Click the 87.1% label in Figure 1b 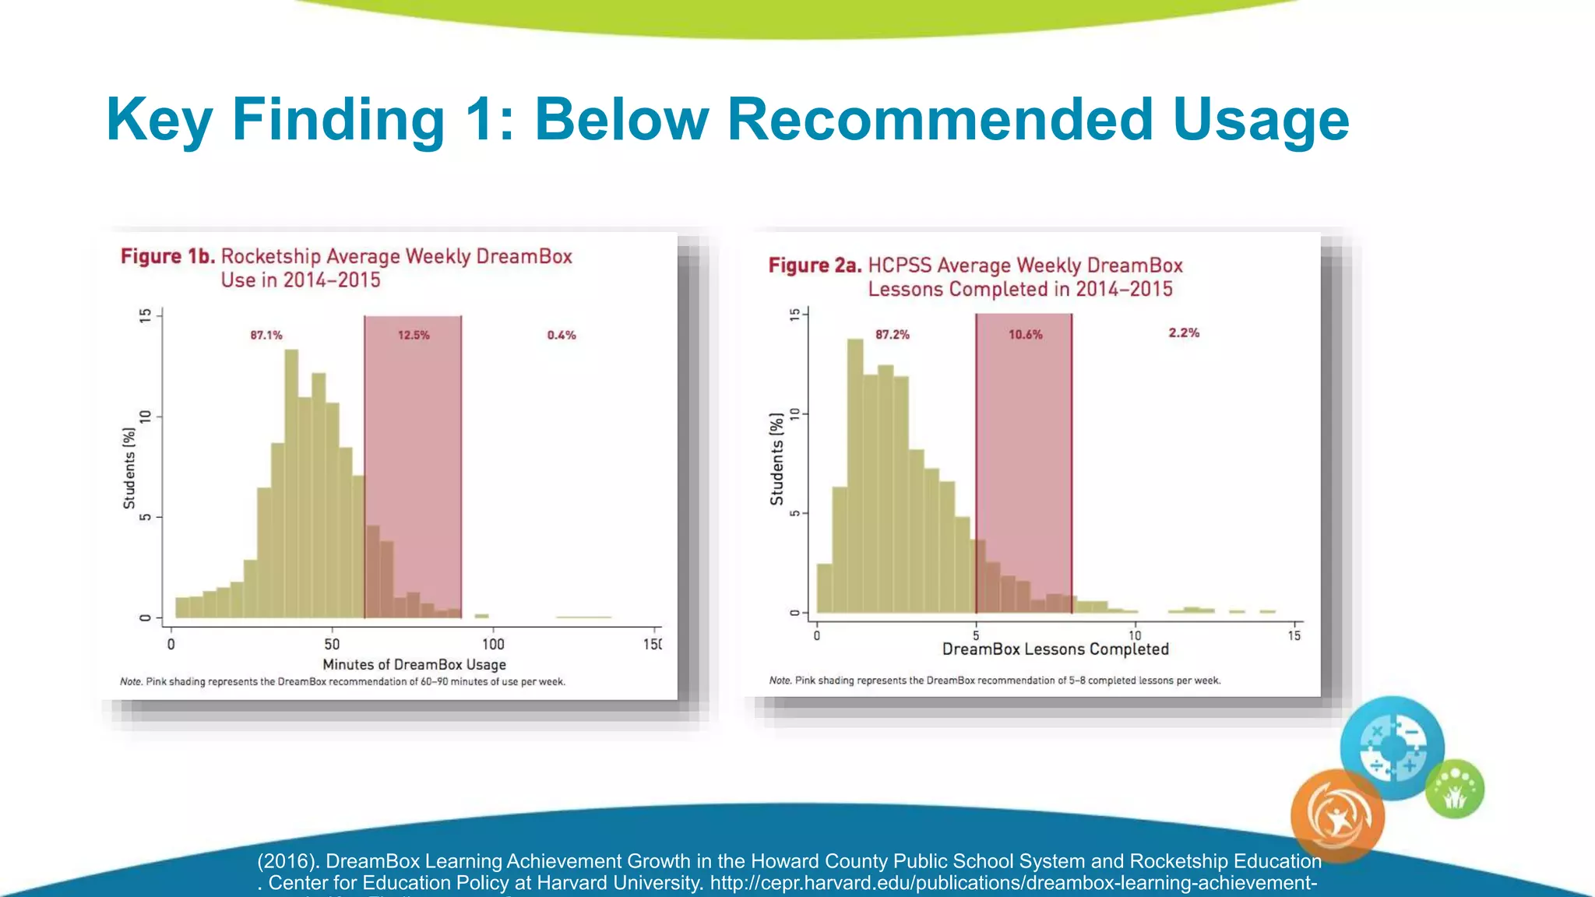tap(266, 336)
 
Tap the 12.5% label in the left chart tap(414, 336)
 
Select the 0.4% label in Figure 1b tap(562, 336)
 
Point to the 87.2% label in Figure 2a tap(893, 335)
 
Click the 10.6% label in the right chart tap(1025, 335)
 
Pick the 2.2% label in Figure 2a tap(1184, 333)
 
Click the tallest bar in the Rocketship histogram tap(291, 483)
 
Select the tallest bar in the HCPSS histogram tap(854, 475)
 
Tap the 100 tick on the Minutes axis tap(493, 644)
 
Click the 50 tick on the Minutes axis tap(332, 644)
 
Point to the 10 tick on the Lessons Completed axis tap(1135, 635)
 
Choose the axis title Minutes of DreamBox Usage tap(414, 664)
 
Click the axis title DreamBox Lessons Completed tap(1055, 649)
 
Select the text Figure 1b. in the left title tap(167, 257)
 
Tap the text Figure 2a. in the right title tap(815, 266)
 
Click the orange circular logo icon tap(1337, 815)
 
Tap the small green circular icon tap(1455, 790)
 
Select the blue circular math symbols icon tap(1393, 747)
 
